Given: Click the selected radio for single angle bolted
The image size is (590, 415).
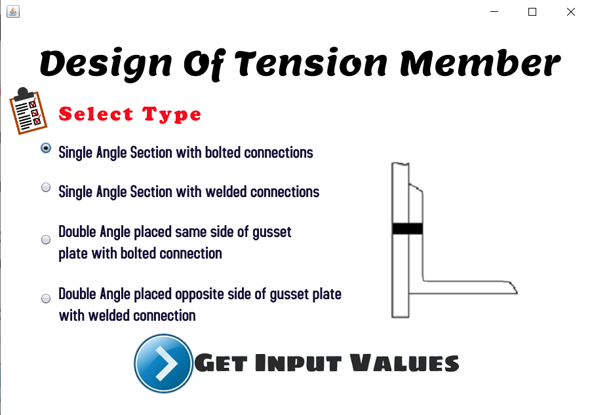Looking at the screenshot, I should point(46,148).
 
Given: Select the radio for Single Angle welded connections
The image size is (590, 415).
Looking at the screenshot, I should point(46,187).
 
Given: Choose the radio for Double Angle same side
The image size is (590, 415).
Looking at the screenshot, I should point(46,240).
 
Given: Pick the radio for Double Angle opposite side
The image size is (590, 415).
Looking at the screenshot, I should point(46,298).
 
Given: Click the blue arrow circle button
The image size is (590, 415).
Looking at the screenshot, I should point(163,363).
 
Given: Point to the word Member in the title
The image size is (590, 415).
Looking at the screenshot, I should point(480,63).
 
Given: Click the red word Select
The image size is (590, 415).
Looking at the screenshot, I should point(96,115).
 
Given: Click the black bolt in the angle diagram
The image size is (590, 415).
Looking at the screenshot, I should point(407,228).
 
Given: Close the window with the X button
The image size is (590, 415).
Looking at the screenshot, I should point(570,12).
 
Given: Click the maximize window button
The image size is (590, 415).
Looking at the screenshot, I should point(532,12).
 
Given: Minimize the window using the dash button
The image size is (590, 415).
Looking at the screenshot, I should point(494,12).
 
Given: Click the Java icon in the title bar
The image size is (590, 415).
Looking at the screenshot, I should point(12,11).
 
